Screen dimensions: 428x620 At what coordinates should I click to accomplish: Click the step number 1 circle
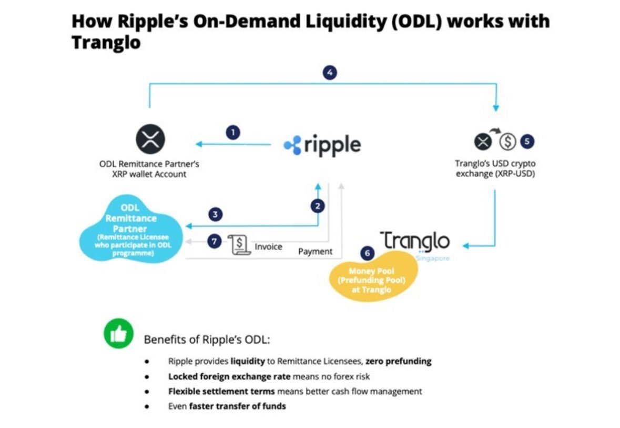click(232, 133)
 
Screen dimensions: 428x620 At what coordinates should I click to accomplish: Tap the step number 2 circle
click(317, 206)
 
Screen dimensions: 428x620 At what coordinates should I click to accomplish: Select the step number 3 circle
click(215, 214)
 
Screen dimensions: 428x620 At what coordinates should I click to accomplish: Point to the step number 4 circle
click(330, 73)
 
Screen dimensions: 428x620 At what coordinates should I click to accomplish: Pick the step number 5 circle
click(527, 141)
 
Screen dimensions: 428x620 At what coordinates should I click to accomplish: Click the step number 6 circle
click(367, 253)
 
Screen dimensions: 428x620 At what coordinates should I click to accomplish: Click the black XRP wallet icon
click(151, 141)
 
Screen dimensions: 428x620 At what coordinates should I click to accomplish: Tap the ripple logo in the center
click(322, 145)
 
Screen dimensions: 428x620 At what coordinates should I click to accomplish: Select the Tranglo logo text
click(415, 242)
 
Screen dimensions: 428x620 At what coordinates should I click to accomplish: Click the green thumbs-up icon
click(119, 334)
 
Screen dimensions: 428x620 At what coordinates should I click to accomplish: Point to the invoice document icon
click(239, 245)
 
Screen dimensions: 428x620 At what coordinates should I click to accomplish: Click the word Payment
click(316, 252)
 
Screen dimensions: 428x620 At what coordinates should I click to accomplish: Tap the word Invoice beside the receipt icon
click(268, 246)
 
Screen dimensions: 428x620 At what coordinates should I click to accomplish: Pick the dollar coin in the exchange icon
click(507, 142)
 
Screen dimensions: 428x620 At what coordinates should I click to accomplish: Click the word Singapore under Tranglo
click(433, 259)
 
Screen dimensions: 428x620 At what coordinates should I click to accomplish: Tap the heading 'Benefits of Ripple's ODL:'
click(207, 340)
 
